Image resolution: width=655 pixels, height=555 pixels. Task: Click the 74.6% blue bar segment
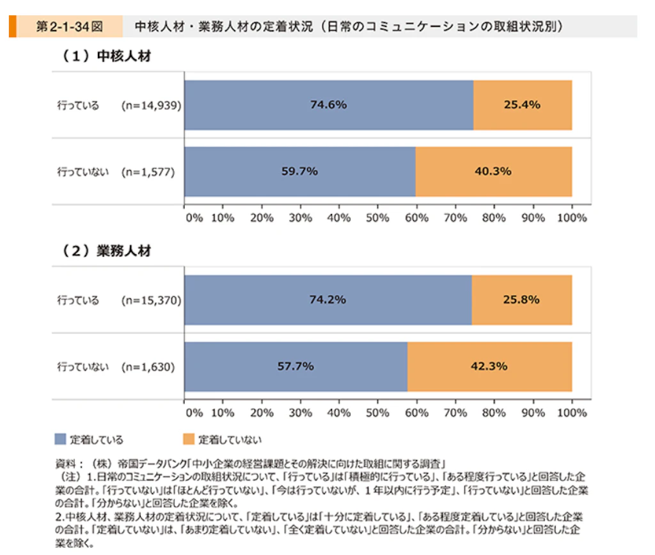click(x=328, y=105)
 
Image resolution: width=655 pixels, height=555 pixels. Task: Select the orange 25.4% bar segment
click(x=523, y=105)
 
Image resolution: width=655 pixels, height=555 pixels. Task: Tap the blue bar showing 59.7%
click(x=299, y=171)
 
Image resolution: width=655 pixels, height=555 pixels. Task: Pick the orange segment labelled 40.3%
click(x=494, y=171)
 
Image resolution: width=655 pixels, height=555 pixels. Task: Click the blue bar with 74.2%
click(x=327, y=300)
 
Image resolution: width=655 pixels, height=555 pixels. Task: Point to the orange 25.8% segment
click(x=521, y=300)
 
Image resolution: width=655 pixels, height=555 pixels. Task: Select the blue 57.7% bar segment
click(x=296, y=366)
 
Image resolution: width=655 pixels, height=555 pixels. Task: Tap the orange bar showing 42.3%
click(x=489, y=366)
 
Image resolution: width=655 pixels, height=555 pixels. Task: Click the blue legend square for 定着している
click(x=60, y=439)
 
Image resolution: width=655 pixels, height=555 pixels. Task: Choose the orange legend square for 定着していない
click(x=188, y=439)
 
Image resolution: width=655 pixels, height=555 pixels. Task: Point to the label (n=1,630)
click(x=148, y=367)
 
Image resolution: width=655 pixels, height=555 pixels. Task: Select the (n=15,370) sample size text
click(x=151, y=300)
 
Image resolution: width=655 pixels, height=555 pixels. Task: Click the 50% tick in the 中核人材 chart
click(x=377, y=218)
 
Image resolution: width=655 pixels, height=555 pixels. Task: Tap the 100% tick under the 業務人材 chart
click(x=572, y=413)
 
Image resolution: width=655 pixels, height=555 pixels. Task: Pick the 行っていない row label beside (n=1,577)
click(x=83, y=172)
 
